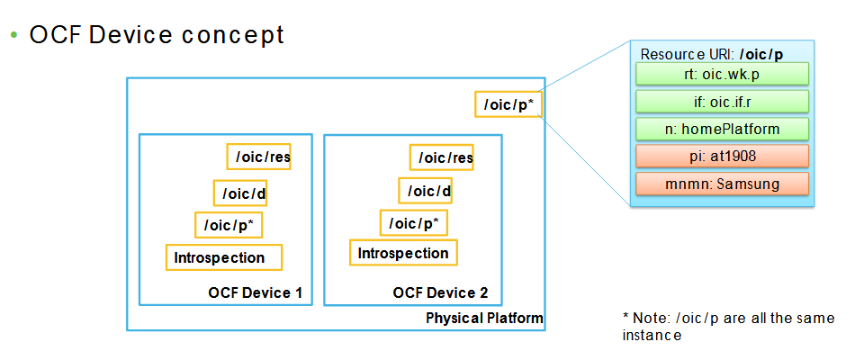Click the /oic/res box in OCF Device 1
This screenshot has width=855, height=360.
click(x=258, y=156)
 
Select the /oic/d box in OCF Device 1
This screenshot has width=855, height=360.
click(x=240, y=193)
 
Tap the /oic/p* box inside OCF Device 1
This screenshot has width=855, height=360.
click(x=229, y=225)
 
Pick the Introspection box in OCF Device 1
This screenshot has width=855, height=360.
click(x=224, y=257)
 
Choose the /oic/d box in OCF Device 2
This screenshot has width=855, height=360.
click(x=425, y=190)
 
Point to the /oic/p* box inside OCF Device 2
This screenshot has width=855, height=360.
click(x=413, y=222)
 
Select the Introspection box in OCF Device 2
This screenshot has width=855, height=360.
click(x=403, y=253)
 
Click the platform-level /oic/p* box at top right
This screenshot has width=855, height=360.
click(x=508, y=104)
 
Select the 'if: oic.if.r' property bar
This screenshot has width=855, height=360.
click(x=722, y=101)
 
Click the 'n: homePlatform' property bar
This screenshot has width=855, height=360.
click(x=722, y=129)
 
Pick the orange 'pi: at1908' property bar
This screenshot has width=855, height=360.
click(x=722, y=157)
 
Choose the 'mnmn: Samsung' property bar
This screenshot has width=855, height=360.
click(x=722, y=184)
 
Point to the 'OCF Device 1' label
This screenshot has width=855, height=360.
click(x=255, y=293)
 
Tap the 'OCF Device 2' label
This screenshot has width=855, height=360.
click(x=440, y=293)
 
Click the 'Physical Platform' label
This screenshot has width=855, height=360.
click(x=484, y=319)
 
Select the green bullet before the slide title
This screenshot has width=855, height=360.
click(x=13, y=35)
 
